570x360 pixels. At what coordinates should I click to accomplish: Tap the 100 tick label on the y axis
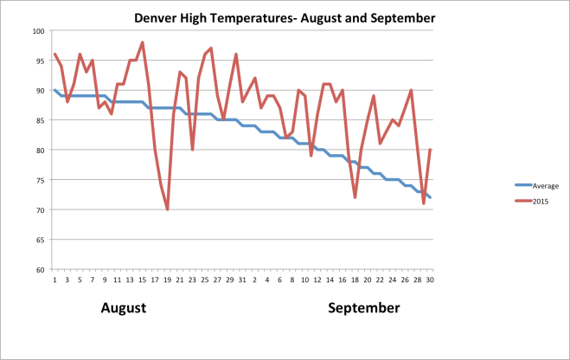coord(39,31)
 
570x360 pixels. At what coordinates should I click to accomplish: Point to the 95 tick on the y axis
coord(40,61)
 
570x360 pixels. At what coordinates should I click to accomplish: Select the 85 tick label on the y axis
coord(40,120)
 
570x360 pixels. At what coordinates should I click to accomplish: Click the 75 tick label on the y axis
coord(40,180)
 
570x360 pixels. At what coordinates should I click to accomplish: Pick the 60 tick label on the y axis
coord(40,269)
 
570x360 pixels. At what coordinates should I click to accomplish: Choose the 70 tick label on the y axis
coord(40,209)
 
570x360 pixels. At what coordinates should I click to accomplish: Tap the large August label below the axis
coord(124,308)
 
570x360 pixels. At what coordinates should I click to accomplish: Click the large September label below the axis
coord(363,308)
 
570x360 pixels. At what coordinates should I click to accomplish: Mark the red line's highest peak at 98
coord(143,42)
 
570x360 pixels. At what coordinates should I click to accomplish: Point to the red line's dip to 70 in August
coord(167,209)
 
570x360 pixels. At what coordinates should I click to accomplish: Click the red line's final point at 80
coord(430,150)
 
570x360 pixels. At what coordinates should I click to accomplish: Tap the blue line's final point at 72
coord(430,197)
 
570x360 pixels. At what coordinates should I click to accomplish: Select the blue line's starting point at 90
coord(54,90)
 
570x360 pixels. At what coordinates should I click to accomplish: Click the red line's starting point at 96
coord(54,55)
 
